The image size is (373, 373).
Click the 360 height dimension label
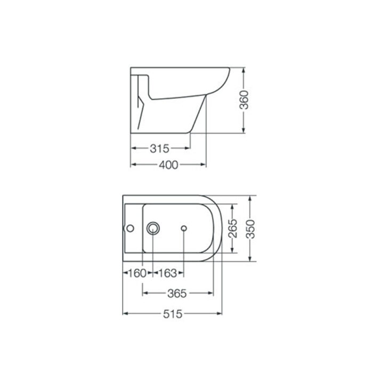tap(244, 100)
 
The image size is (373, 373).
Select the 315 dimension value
tap(159, 148)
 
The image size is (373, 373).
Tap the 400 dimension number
tap(168, 165)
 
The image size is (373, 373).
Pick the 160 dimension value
tap(137, 273)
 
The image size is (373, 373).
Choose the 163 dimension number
tap(168, 273)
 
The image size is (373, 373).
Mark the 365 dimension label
tap(177, 293)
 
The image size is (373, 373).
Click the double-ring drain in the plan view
tap(154, 229)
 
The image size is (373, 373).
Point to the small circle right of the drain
tap(184, 229)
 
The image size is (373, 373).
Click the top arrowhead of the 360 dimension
tap(244, 70)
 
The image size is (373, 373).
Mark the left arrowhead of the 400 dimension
tap(133, 165)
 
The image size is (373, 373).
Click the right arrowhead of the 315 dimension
tap(188, 148)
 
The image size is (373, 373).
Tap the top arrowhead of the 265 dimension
tap(232, 206)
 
